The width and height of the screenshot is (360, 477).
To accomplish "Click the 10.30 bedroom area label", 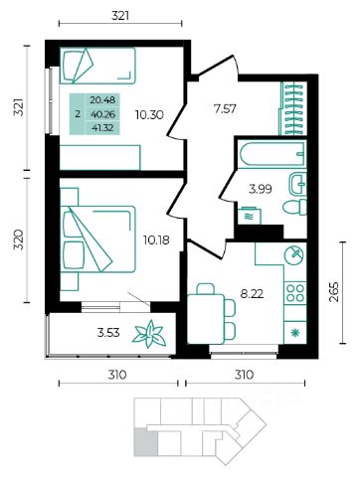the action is tap(149, 115).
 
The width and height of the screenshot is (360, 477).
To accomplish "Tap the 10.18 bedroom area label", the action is tap(156, 239).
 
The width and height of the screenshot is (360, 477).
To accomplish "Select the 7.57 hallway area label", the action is tap(225, 108).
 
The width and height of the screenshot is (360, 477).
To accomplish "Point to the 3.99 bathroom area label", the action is tap(261, 189).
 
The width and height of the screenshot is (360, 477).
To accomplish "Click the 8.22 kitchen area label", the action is tap(252, 293).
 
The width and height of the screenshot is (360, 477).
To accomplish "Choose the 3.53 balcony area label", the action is tap(108, 332).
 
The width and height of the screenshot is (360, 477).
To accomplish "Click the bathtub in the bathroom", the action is tap(272, 153).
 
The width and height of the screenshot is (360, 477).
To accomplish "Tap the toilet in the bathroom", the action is tap(295, 208).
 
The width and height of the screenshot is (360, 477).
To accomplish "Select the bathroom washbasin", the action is tap(297, 184).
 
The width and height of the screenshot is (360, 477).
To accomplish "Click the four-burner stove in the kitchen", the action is tap(295, 293).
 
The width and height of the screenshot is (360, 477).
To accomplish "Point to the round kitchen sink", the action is tap(294, 255).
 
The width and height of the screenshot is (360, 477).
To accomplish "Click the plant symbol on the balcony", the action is tap(149, 334).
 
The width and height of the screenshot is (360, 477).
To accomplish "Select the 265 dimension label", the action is tap(335, 292).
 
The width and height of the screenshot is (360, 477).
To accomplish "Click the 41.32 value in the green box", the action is tap(102, 127).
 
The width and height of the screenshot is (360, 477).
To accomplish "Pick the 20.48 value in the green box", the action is tap(102, 99).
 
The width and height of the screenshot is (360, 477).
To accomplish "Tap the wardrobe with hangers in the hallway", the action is tap(293, 108).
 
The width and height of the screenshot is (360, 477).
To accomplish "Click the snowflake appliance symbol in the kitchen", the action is tap(294, 333).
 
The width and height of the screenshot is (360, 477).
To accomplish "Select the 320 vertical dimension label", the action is tap(20, 239).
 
